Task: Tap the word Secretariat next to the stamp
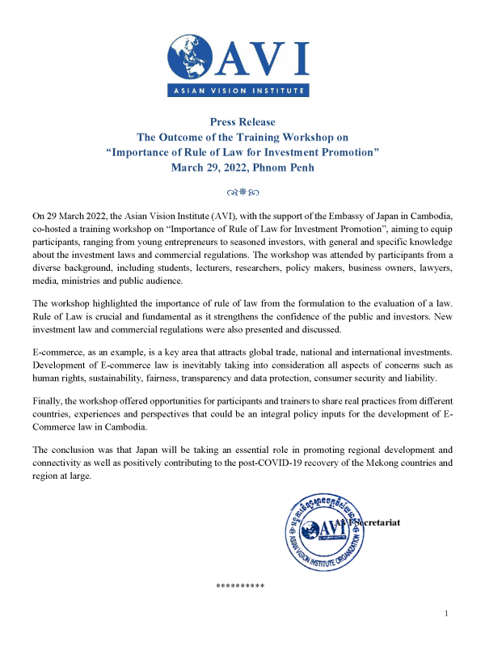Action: (x=374, y=523)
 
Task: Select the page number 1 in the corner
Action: (x=446, y=614)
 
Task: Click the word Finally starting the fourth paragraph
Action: (x=47, y=401)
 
